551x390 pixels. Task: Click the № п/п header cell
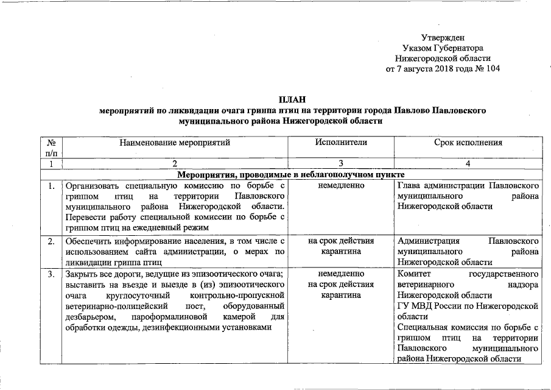(52, 148)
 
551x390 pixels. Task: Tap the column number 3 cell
(341, 163)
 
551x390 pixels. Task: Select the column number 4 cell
(468, 163)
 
